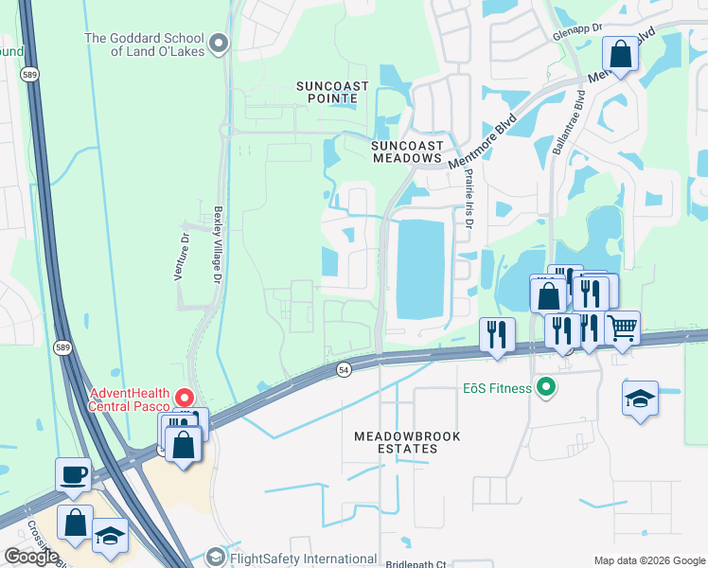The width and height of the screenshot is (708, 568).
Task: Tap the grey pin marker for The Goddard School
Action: coord(220,44)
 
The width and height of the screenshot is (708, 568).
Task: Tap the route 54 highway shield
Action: coord(344,369)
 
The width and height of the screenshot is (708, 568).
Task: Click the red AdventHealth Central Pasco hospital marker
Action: coord(186,399)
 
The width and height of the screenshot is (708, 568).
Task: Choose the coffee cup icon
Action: coord(73,473)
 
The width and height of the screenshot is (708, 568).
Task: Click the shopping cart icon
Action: coord(622,328)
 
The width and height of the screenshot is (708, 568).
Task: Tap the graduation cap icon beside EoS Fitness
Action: coord(640,398)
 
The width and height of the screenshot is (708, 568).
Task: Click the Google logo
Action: coord(31,557)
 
